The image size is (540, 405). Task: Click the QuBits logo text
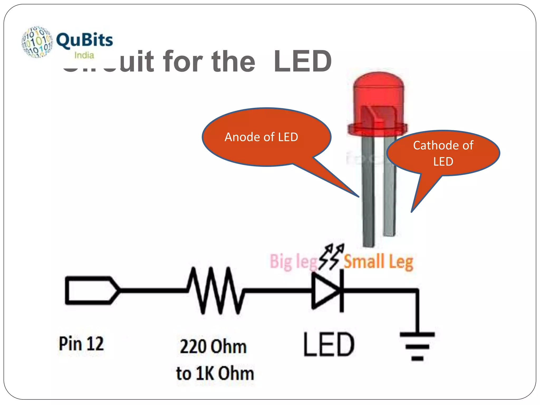pyautogui.click(x=84, y=40)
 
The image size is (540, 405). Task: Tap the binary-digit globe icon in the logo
pyautogui.click(x=37, y=42)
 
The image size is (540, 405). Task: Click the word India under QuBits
pyautogui.click(x=84, y=55)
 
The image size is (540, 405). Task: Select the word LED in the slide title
pyautogui.click(x=302, y=61)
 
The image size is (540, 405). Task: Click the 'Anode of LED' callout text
pyautogui.click(x=261, y=137)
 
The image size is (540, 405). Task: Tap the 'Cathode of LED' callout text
pyautogui.click(x=443, y=153)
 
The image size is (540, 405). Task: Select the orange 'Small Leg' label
pyautogui.click(x=378, y=262)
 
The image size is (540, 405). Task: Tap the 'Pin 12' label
pyautogui.click(x=81, y=344)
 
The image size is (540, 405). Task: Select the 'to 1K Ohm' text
pyautogui.click(x=215, y=374)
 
